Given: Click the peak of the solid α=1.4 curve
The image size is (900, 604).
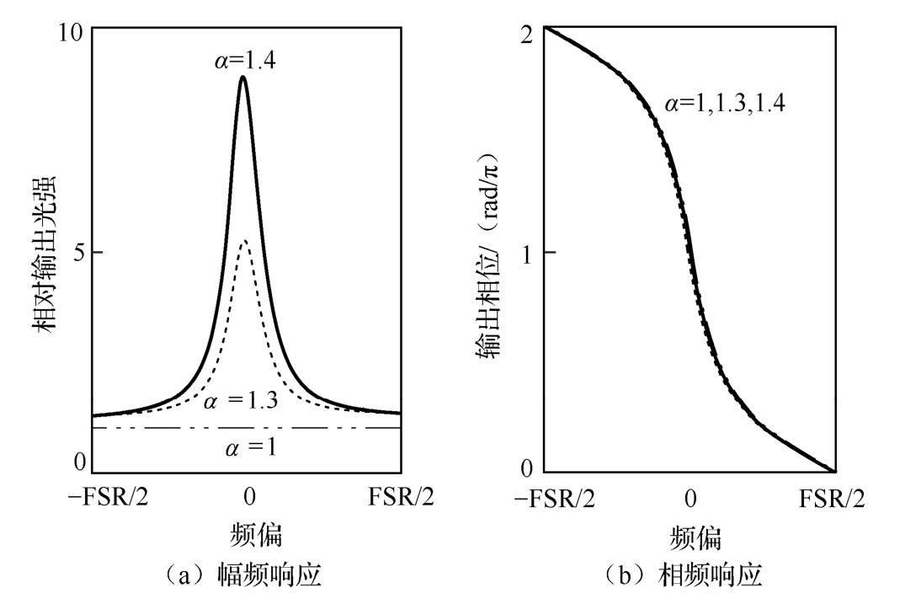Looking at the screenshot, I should [243, 78].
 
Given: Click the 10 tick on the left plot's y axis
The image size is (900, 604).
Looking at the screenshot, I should [72, 31].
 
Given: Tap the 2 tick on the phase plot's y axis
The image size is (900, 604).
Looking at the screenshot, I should [529, 31].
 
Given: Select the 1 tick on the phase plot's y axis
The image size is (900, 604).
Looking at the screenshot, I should [529, 253].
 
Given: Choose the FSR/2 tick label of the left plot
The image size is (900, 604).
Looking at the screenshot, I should [401, 497].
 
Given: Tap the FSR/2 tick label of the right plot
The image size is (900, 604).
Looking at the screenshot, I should [833, 497].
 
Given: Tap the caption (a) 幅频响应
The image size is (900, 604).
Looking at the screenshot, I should [246, 575].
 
